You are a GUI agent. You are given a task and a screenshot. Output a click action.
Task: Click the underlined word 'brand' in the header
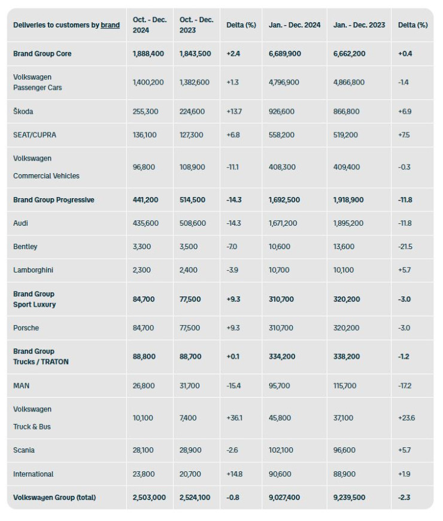point(110,25)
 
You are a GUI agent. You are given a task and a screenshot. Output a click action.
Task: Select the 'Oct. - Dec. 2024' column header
point(149,25)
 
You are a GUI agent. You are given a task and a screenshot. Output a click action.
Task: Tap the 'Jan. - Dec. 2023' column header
point(359,25)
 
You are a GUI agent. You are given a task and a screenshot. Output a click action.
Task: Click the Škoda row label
point(23,111)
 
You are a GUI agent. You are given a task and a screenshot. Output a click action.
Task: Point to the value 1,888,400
point(148,54)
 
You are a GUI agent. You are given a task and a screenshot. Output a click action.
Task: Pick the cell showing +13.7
point(233,111)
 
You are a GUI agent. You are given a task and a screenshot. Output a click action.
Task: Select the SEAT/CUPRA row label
point(35,135)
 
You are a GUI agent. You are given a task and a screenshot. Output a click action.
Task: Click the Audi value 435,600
point(145,223)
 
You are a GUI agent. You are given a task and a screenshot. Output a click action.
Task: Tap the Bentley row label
point(25,247)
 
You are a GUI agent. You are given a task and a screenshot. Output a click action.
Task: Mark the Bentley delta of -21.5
point(405,247)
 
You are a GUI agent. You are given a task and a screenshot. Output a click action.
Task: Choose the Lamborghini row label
point(33,270)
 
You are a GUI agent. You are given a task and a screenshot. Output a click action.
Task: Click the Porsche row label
point(26,328)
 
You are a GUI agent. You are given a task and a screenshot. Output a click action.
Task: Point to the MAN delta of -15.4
point(233,386)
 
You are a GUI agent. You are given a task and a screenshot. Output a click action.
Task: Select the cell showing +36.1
point(234,418)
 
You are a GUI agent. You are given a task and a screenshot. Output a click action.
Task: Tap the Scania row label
point(24,450)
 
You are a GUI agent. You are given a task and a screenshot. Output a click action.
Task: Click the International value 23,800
point(144,474)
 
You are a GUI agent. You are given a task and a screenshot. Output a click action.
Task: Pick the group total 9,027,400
point(284,498)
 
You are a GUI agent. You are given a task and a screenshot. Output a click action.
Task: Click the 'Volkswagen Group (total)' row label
point(54,498)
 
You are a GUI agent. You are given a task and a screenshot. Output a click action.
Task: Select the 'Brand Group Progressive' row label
point(53,200)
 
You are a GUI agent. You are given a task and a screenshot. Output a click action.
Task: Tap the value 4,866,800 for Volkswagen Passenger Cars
point(349,83)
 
